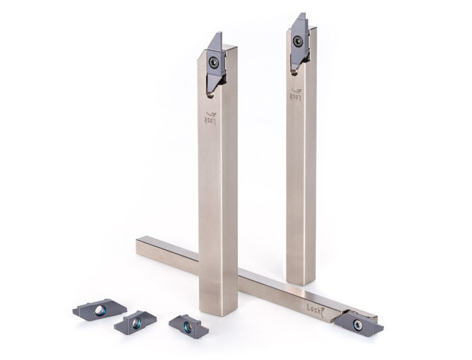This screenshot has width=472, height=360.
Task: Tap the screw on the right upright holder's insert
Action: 297,42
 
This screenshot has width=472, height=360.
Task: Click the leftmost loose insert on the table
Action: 99,310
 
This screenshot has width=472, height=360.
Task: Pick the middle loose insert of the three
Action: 136,323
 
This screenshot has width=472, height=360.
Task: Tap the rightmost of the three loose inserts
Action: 188,326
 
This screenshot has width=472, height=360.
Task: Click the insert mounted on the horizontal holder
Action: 359,323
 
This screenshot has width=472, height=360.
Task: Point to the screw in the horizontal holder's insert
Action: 358,325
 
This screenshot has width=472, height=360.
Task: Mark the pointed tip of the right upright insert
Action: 301,13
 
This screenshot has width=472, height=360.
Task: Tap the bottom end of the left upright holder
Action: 218,311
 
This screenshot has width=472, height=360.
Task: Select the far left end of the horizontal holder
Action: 139,246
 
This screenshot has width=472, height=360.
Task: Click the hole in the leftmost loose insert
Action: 100,310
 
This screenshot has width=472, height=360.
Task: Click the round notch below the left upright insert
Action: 210,94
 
